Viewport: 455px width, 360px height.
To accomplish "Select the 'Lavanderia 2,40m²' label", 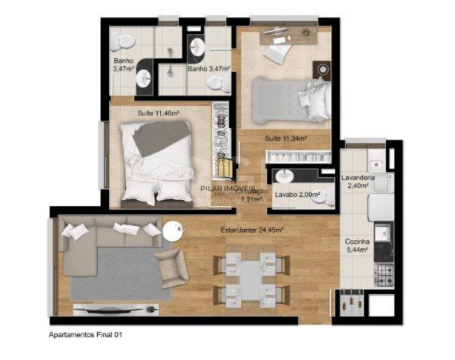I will pos(356,183).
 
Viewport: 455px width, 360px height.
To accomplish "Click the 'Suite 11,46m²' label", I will pos(158,114).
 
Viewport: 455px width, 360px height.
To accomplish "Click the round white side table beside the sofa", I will pos(172,229).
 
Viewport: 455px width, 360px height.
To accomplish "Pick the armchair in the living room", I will pos(171,267).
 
